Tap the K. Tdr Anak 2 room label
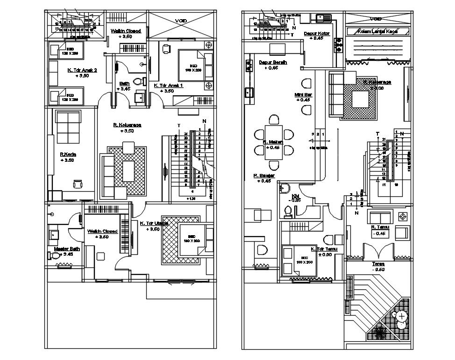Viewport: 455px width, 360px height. coord(82,70)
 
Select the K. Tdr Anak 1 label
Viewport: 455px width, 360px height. coord(168,86)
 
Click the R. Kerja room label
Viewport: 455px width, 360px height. coord(68,153)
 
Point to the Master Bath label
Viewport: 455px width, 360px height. coord(67,249)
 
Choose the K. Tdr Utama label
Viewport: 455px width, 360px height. coord(154,223)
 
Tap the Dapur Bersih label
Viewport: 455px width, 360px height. coord(273,62)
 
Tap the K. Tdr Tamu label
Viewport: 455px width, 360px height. coord(327,249)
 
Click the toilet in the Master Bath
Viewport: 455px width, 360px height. coord(55,256)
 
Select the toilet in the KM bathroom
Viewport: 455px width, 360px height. coord(289,213)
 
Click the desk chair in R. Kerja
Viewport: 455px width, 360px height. coord(77,184)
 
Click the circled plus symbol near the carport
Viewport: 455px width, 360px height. coord(401,316)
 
